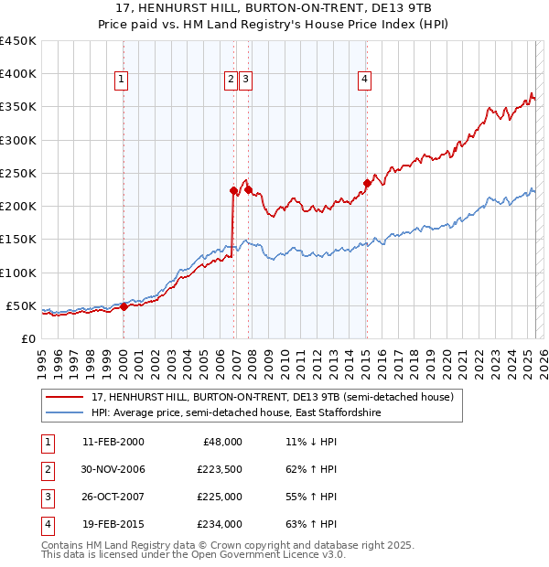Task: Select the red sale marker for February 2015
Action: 367,183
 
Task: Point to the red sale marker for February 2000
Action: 124,306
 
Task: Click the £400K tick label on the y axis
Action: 18,74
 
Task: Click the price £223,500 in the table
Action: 221,470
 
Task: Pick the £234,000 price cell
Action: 221,525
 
